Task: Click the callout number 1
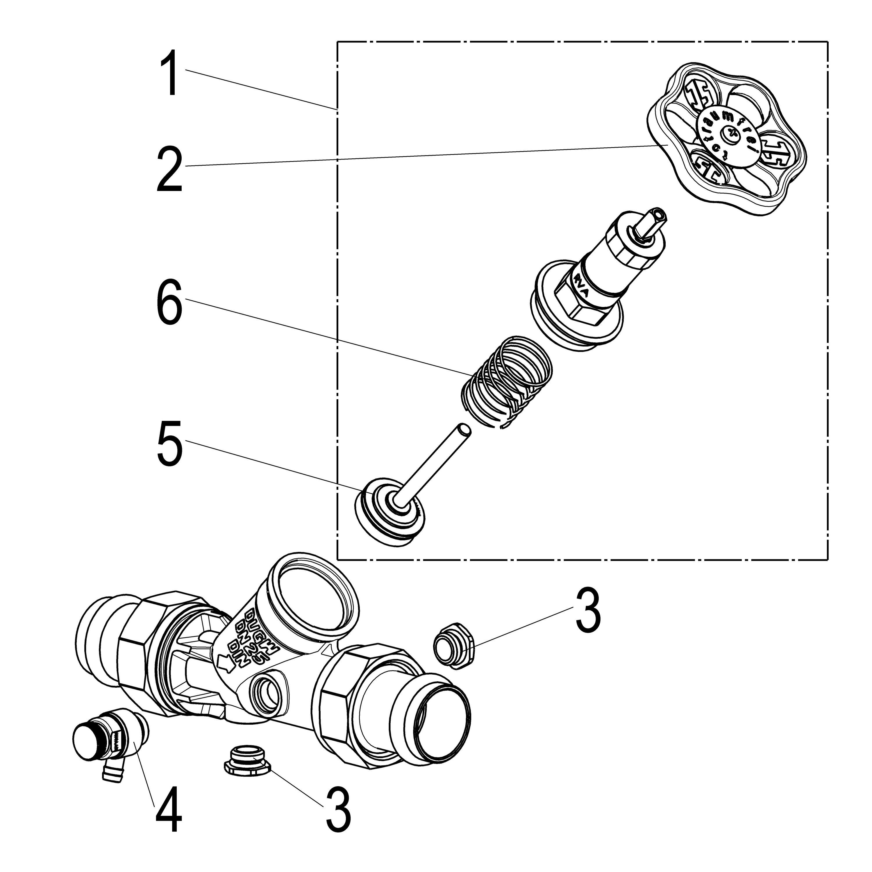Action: [170, 73]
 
